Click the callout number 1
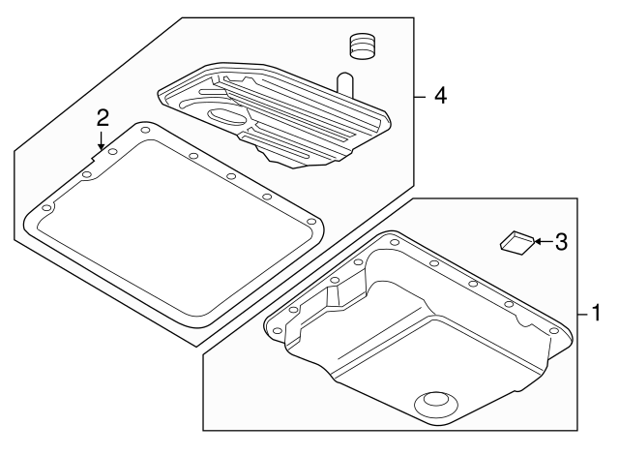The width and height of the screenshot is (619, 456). (x=597, y=314)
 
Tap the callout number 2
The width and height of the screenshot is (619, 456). (x=103, y=119)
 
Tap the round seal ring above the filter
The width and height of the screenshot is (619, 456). (x=361, y=46)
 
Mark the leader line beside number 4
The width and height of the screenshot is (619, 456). (x=420, y=96)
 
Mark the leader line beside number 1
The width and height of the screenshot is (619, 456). (x=583, y=314)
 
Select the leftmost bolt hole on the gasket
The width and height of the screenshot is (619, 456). (x=46, y=208)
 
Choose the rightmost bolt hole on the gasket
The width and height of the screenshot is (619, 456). (x=311, y=223)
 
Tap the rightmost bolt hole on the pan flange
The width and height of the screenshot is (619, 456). (x=554, y=330)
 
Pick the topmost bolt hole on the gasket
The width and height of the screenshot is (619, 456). (x=144, y=129)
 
